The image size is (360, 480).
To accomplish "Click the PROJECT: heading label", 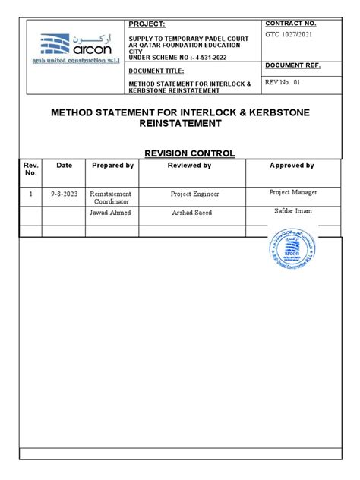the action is click(x=147, y=24).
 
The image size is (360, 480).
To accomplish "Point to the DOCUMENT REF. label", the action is click(x=293, y=65).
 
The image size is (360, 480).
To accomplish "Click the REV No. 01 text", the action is click(x=283, y=81).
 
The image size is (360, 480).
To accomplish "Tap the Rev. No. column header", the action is click(x=30, y=169).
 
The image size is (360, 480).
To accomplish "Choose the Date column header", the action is click(x=64, y=165).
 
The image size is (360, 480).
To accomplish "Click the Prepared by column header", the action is click(x=112, y=165).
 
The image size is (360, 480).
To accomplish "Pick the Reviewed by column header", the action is click(x=189, y=165).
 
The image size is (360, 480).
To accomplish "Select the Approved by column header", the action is click(x=292, y=165).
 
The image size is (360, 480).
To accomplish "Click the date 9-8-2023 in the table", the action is click(x=64, y=194).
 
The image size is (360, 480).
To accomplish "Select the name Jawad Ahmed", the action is click(x=111, y=213).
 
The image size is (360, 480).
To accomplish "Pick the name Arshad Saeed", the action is click(x=189, y=213).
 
